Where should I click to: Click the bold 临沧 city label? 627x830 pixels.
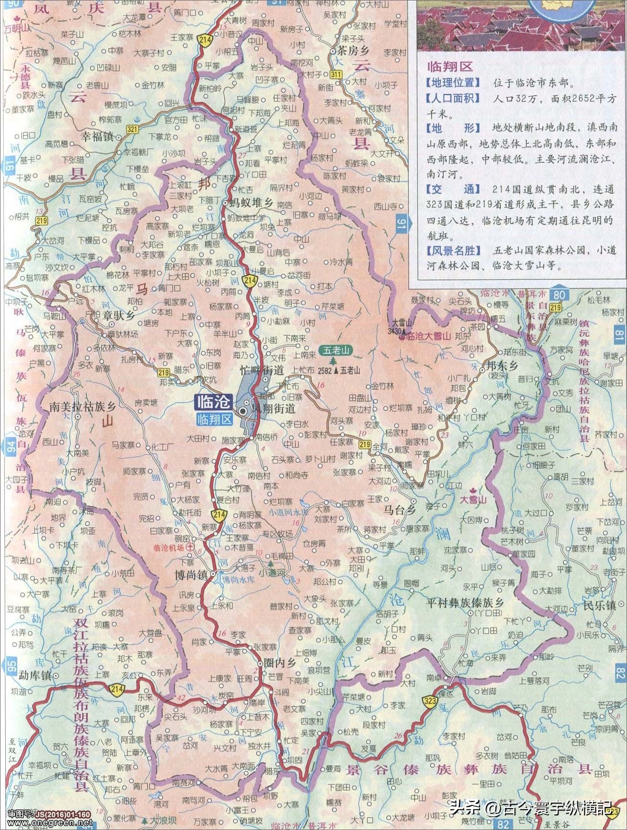(x=213, y=401)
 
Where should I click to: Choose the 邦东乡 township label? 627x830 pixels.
(x=502, y=366)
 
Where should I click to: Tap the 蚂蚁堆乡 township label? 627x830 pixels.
(x=249, y=203)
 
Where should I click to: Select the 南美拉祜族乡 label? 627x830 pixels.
(x=83, y=406)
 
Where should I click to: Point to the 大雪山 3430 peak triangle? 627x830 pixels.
(x=404, y=331)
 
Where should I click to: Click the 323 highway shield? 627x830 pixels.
(x=430, y=701)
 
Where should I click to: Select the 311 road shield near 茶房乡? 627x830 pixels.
(x=336, y=74)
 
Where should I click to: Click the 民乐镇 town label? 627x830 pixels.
(x=599, y=606)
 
